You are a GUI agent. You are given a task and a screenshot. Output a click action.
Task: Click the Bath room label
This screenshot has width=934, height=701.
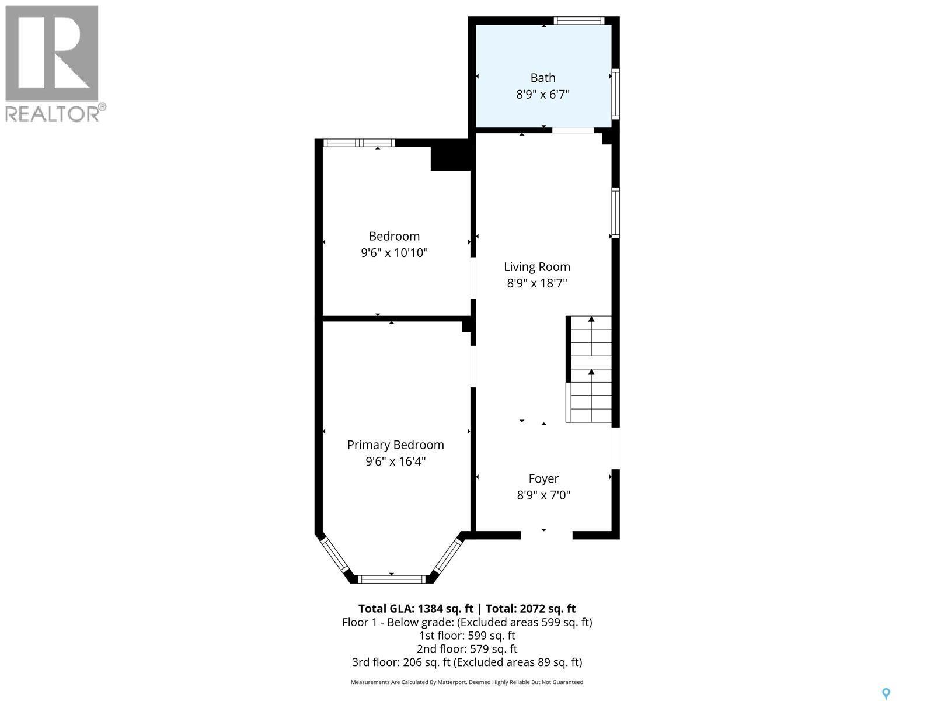pyautogui.click(x=542, y=78)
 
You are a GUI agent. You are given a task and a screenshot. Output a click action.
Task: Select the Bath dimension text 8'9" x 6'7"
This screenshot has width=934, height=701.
pyautogui.click(x=542, y=94)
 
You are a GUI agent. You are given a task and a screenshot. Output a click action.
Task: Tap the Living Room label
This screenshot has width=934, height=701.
pyautogui.click(x=536, y=267)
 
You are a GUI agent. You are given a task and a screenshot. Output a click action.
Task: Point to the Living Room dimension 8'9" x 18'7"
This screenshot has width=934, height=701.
pyautogui.click(x=536, y=283)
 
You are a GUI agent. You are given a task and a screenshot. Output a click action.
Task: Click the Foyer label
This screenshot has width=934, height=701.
pyautogui.click(x=543, y=478)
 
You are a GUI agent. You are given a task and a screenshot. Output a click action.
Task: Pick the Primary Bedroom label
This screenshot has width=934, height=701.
pyautogui.click(x=395, y=445)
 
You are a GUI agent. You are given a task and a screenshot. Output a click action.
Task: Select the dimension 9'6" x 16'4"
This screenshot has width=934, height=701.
pyautogui.click(x=395, y=461)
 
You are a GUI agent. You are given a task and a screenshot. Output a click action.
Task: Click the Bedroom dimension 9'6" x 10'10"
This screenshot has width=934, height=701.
pyautogui.click(x=394, y=253)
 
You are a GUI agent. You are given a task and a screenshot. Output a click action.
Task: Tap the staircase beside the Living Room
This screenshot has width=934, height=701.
pyautogui.click(x=590, y=369)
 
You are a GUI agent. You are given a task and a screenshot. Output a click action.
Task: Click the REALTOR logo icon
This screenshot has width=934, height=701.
pyautogui.click(x=51, y=53)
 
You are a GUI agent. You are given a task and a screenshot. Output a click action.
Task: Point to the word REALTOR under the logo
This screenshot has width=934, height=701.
pyautogui.click(x=53, y=113)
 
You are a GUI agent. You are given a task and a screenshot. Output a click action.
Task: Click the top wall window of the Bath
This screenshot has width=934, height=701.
pyautogui.click(x=578, y=21)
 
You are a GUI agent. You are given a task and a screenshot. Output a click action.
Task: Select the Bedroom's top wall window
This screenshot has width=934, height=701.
pyautogui.click(x=359, y=143)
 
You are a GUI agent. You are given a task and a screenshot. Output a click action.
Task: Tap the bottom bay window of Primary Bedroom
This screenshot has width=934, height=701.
pyautogui.click(x=391, y=579)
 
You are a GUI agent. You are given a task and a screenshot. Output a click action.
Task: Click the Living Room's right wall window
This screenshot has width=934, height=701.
pyautogui.click(x=615, y=212)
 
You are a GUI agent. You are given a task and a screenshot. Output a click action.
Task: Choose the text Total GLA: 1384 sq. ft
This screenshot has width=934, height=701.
pyautogui.click(x=415, y=609)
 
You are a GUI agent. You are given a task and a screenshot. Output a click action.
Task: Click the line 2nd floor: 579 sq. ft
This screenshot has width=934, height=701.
pyautogui.click(x=466, y=649)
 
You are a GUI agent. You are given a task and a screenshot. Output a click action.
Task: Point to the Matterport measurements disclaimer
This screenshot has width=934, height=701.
pyautogui.click(x=466, y=682)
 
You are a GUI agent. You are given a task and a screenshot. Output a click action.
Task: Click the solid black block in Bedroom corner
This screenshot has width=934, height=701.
pyautogui.click(x=449, y=155)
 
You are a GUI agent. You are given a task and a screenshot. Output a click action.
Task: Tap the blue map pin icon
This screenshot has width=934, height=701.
pyautogui.click(x=886, y=693)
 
